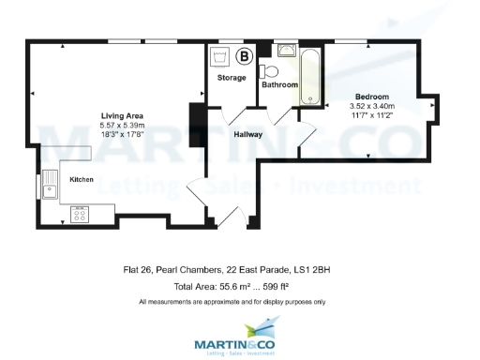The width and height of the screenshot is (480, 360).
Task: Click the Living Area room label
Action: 122,116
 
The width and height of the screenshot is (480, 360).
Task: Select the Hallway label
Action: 248,135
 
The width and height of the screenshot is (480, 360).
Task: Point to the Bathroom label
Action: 279,85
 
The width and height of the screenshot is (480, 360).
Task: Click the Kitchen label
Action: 82,178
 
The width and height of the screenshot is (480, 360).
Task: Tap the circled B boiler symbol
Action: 245,56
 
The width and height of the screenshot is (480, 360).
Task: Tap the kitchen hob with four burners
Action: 79,214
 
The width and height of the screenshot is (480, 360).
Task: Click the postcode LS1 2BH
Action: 316,270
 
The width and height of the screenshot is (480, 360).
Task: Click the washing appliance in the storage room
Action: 221,56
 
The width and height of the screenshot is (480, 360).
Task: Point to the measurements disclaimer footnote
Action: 232,302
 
